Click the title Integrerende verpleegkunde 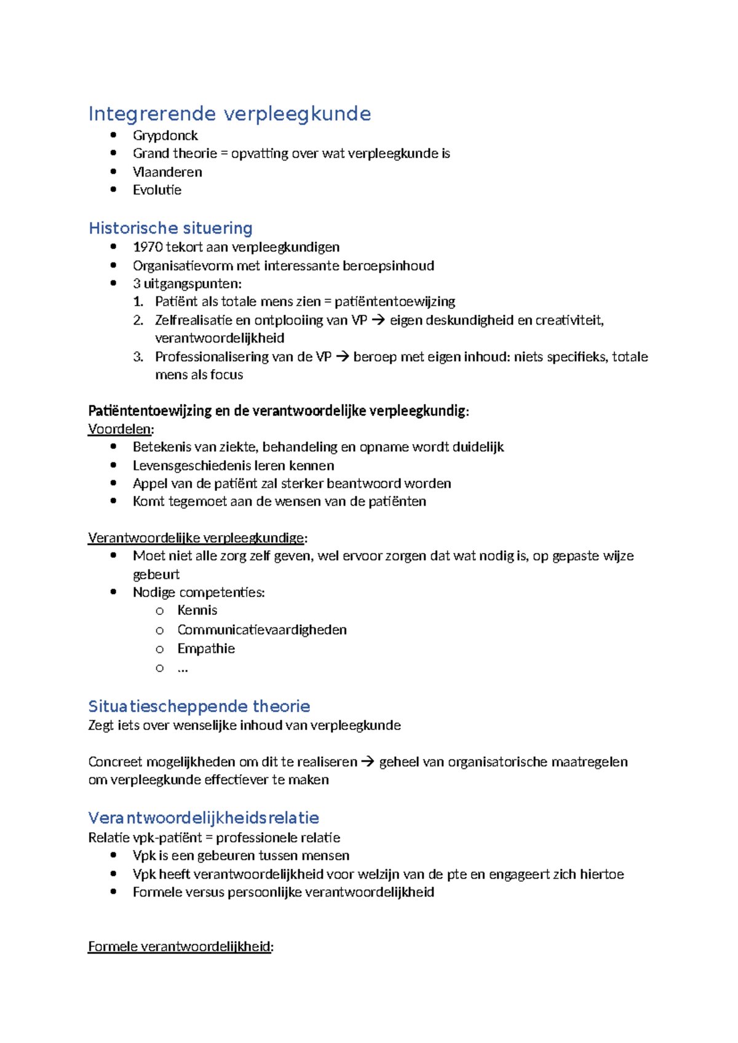(x=229, y=114)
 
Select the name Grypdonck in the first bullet (x=165, y=135)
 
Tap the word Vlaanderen (x=167, y=172)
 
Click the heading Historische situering (x=170, y=228)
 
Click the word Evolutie (x=157, y=190)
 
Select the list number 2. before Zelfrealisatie (x=138, y=320)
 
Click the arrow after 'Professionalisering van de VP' (x=343, y=357)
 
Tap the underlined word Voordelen (x=119, y=429)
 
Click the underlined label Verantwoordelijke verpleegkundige (x=196, y=538)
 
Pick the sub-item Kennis (x=197, y=610)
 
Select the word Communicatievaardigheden (x=262, y=630)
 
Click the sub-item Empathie (x=206, y=649)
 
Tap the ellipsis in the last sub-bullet (x=183, y=669)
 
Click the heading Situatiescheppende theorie (x=199, y=706)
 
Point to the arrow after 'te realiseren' (x=368, y=762)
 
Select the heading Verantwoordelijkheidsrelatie (x=204, y=818)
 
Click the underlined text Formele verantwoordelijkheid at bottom (x=179, y=946)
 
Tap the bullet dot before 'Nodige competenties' (x=113, y=592)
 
